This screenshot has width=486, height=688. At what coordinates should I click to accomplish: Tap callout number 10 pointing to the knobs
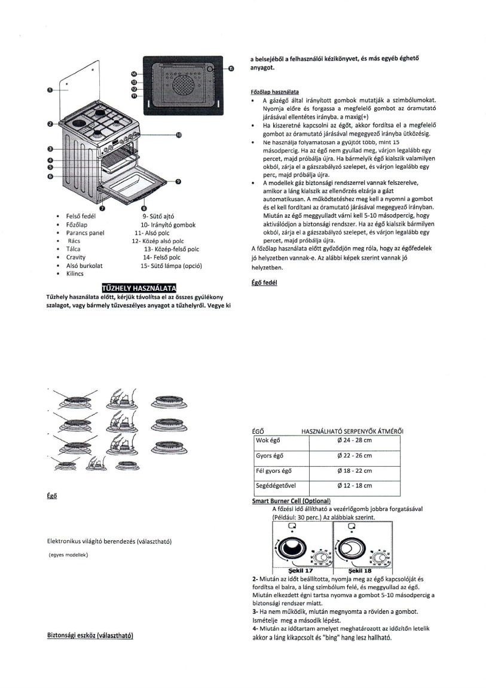pyautogui.click(x=178, y=136)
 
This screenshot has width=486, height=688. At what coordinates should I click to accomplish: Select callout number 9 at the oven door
pyautogui.click(x=178, y=181)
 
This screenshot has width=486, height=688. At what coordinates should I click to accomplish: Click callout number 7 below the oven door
pyautogui.click(x=102, y=208)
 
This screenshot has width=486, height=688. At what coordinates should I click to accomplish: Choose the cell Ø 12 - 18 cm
pyautogui.click(x=354, y=486)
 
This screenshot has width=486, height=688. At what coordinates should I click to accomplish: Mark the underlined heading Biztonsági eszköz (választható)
pyautogui.click(x=90, y=635)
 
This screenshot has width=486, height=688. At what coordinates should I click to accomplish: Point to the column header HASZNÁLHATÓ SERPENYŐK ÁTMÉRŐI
pyautogui.click(x=352, y=430)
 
